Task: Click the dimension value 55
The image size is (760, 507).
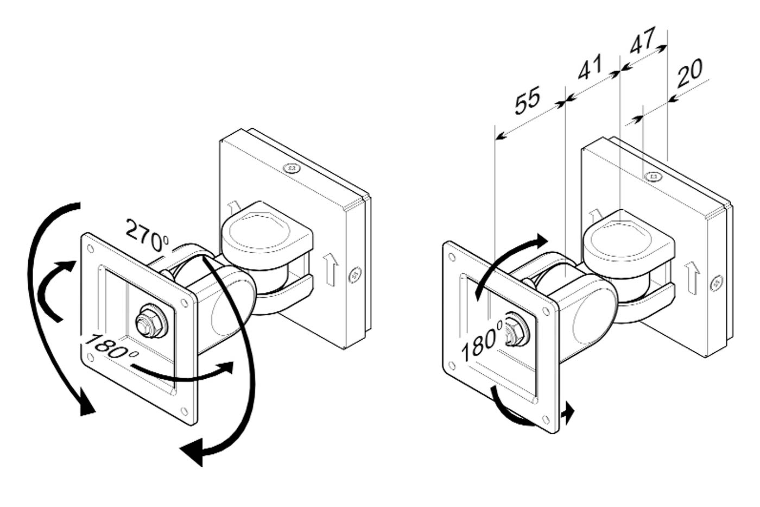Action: point(527,101)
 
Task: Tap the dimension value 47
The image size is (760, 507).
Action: point(642,40)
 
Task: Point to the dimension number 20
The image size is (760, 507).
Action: point(689,74)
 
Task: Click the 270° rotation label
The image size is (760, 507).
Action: point(147,235)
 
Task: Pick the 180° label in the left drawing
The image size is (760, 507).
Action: point(111,346)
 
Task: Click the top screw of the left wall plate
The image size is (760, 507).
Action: point(292,168)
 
